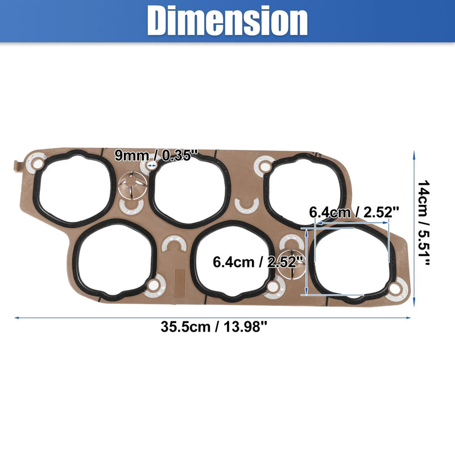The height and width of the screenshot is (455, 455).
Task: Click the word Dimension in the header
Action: point(227,21)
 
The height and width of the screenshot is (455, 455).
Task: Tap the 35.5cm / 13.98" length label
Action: point(214,327)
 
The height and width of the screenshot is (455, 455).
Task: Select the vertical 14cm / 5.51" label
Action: point(423,222)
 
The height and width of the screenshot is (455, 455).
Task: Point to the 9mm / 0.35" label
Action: point(156,155)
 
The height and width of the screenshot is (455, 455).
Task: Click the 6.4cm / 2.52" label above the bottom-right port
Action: point(354,212)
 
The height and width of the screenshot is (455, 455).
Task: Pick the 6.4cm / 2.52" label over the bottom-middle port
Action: point(258,262)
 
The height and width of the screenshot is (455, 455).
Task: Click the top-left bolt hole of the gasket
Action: point(38,164)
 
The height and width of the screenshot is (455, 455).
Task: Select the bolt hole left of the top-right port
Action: point(264,167)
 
